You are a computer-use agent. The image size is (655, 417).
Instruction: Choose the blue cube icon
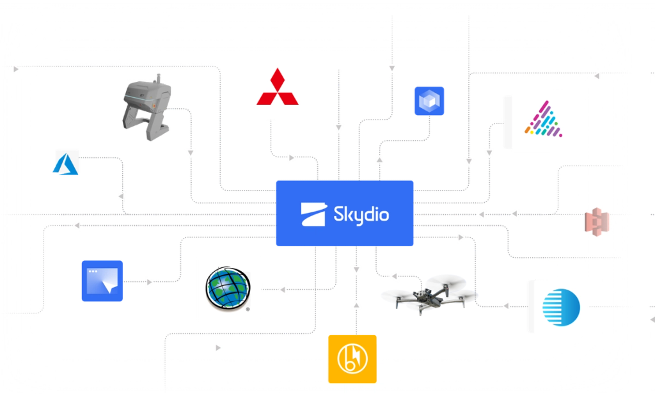click(x=428, y=100)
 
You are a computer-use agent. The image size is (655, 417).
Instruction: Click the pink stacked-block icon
click(x=597, y=221)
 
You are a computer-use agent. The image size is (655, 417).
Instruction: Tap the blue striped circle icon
click(x=561, y=306)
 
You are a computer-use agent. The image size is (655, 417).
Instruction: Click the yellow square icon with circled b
click(x=352, y=359)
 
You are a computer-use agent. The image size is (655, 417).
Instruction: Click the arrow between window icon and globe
click(x=150, y=281)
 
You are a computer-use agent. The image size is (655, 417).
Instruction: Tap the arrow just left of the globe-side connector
click(x=282, y=289)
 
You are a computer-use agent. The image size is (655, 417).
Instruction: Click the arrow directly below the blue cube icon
click(x=380, y=160)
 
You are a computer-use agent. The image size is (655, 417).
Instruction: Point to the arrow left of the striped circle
click(x=506, y=307)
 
